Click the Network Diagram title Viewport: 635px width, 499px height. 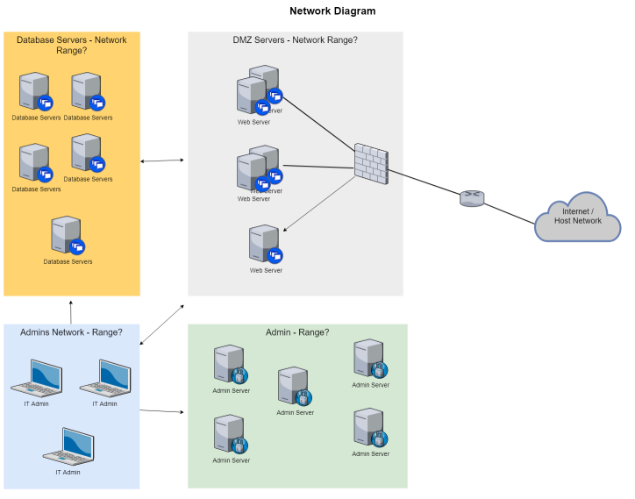point(332,11)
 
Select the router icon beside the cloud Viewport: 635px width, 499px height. point(471,199)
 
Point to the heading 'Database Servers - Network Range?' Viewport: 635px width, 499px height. point(71,45)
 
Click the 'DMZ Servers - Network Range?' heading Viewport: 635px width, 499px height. point(295,40)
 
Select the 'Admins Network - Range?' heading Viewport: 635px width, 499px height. point(71,332)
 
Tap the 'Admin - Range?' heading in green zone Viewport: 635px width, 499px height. point(297,332)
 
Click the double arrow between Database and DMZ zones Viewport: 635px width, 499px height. point(162,160)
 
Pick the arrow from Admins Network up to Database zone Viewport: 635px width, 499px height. point(71,310)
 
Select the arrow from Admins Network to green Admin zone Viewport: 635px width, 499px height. point(162,410)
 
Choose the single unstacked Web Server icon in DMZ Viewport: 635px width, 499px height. point(264,244)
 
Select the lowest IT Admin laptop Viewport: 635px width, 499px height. point(68,446)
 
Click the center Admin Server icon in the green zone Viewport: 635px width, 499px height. point(294,386)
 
